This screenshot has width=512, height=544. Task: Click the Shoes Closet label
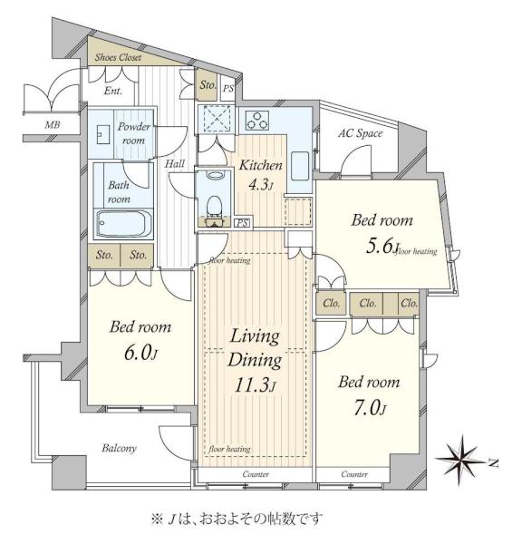tap(118, 57)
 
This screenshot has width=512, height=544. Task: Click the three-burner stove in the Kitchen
tap(256, 120)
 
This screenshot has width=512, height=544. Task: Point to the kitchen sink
tap(300, 166)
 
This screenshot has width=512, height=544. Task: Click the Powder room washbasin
tap(103, 134)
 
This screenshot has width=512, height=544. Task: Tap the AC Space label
tap(360, 133)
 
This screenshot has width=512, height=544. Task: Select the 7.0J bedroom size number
tap(370, 407)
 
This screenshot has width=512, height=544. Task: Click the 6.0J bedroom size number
tap(140, 353)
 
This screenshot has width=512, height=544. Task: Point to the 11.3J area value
tap(255, 384)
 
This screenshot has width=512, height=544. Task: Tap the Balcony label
tap(119, 448)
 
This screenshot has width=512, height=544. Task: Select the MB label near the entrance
tap(53, 124)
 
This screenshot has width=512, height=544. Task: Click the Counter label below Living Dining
tap(256, 474)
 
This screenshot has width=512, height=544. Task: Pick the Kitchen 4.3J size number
tap(260, 185)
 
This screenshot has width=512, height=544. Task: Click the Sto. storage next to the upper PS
tap(208, 84)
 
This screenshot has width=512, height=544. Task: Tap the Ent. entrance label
tap(113, 91)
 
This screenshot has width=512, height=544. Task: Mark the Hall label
tap(174, 164)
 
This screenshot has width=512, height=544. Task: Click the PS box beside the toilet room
tap(242, 222)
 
